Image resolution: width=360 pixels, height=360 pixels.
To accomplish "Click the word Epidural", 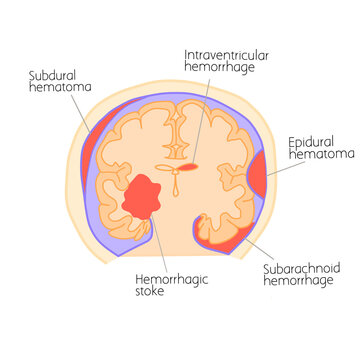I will [311, 143].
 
